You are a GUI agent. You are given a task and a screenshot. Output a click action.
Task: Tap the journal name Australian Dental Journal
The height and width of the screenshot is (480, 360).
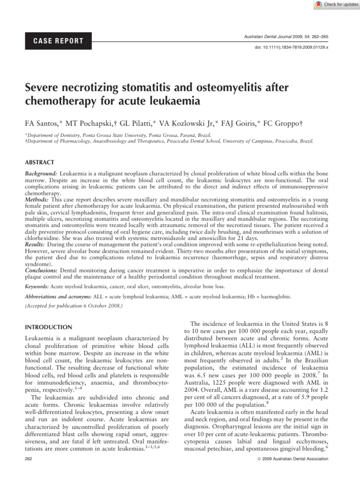coord(277,36)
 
